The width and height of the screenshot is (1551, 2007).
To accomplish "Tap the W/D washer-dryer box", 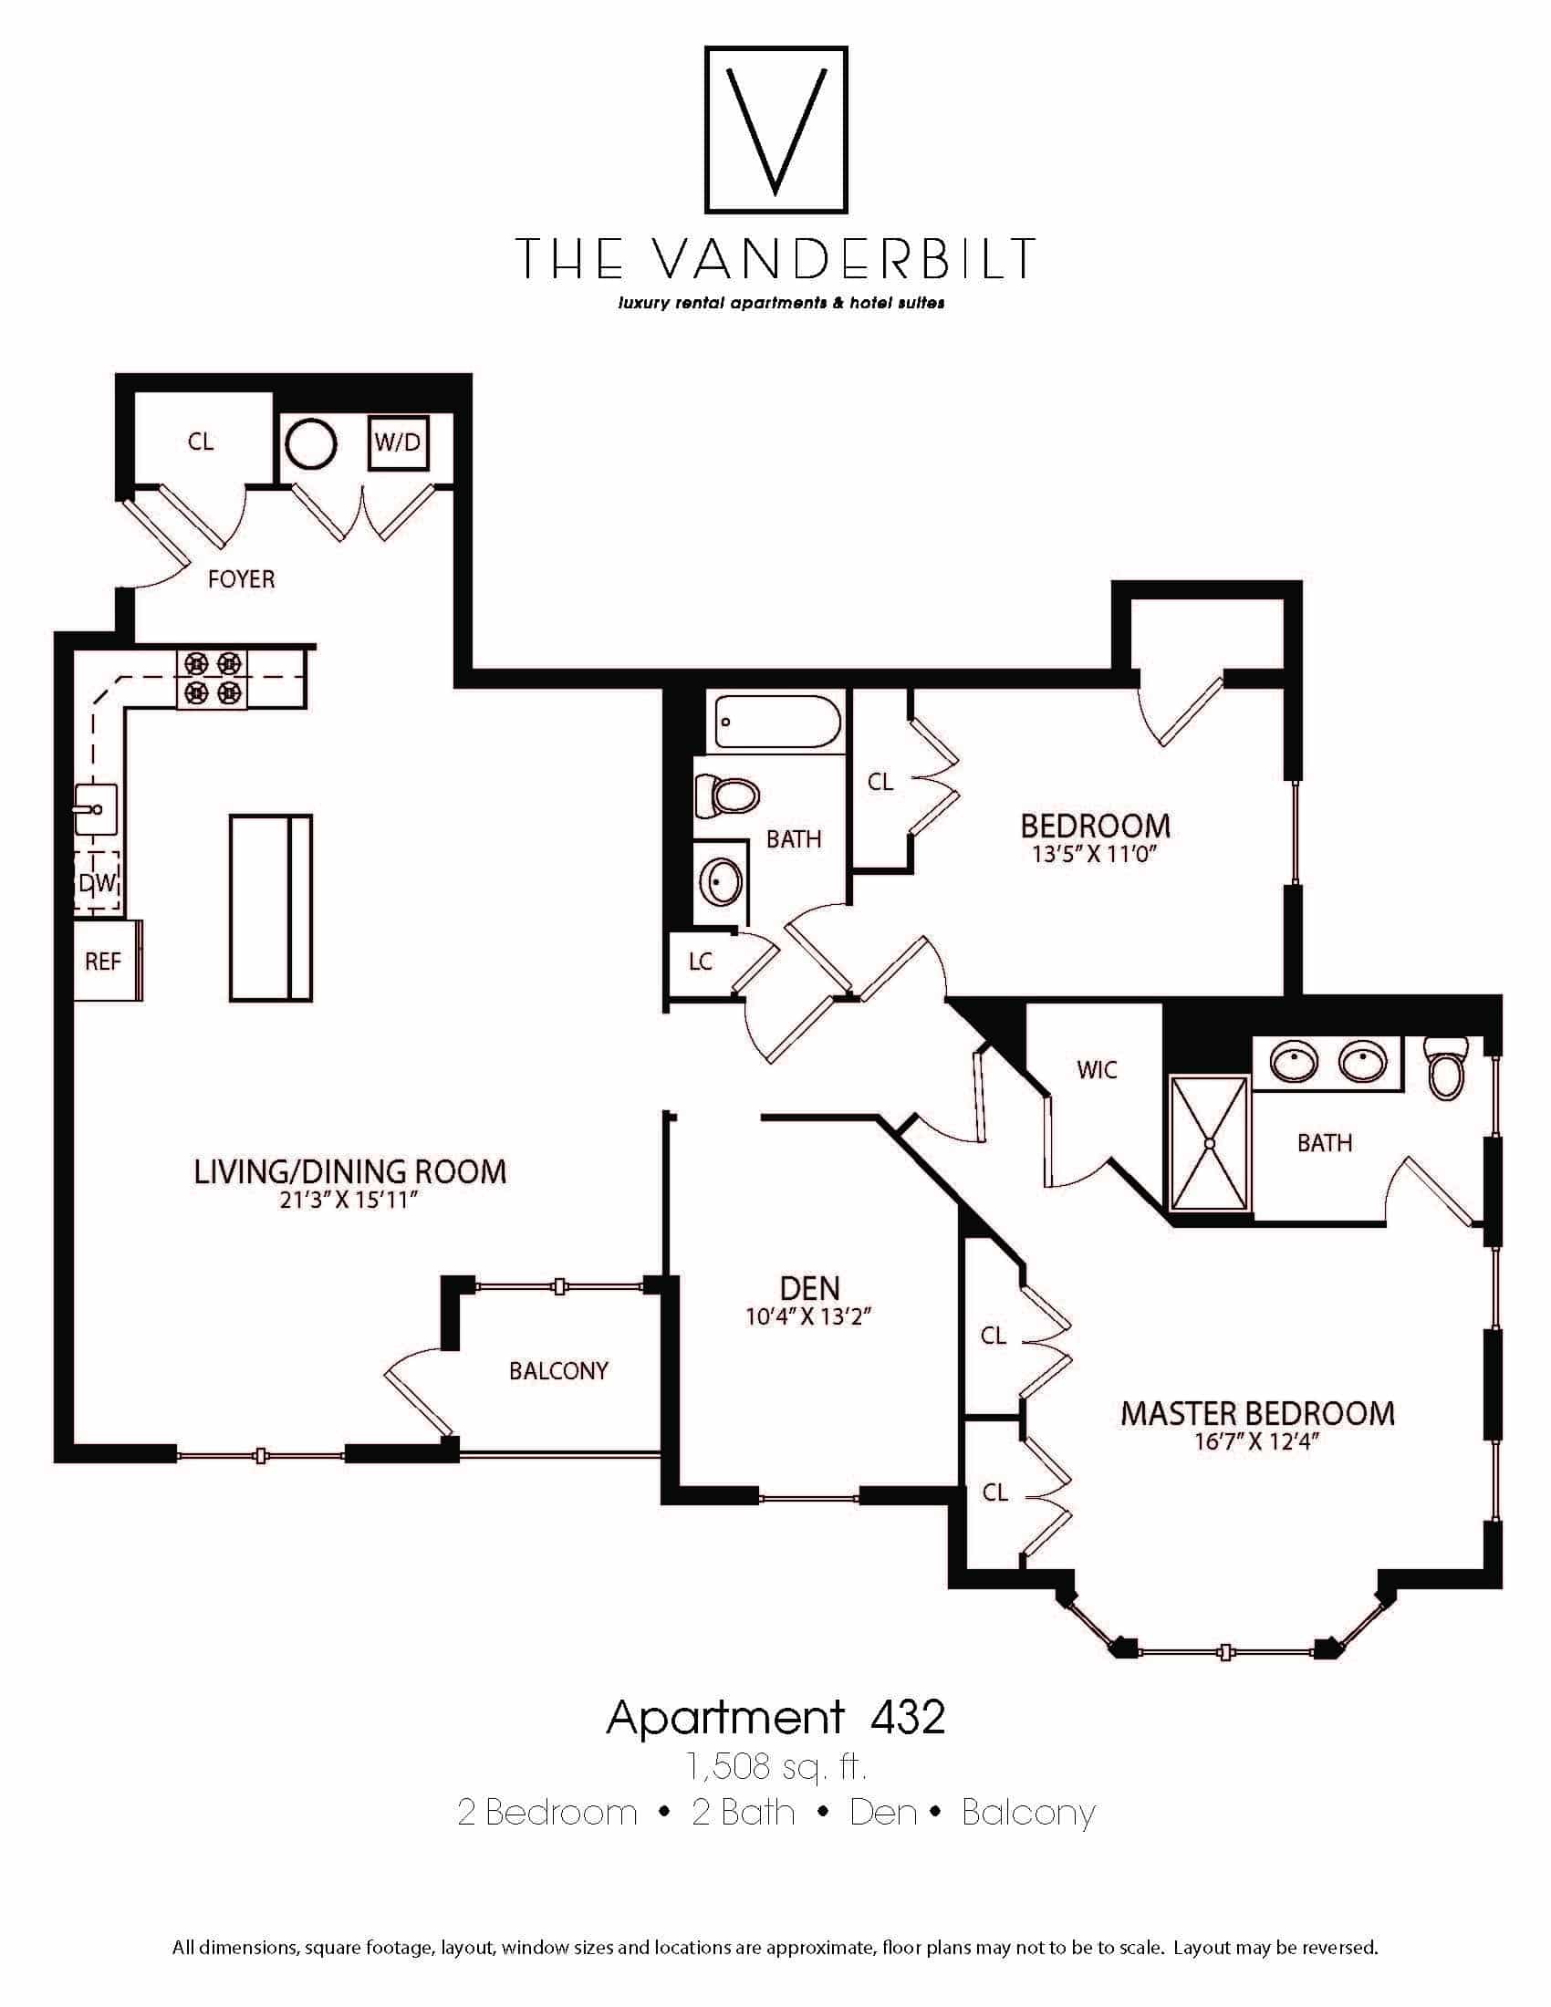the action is click(398, 443).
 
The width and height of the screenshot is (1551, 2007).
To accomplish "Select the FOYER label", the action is click(242, 579).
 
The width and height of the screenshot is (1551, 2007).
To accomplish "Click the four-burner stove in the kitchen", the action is click(213, 678).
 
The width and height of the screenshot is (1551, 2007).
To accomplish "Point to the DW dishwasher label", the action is click(98, 883).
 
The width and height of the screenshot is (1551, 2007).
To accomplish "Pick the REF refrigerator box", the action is click(108, 961).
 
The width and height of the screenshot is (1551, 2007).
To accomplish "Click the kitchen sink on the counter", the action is click(96, 808).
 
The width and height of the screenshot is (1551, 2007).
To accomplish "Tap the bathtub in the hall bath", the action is click(778, 723).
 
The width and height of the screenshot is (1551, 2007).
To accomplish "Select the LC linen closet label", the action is click(701, 962).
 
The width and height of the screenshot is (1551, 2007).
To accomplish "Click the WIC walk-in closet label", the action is click(1097, 1070).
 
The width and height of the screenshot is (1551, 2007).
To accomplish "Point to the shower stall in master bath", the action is click(1209, 1143).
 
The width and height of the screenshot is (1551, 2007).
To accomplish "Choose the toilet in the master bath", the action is click(1447, 1068).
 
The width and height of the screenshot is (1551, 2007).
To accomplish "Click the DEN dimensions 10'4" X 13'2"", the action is click(808, 1316).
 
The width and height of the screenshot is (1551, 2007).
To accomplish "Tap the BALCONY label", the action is click(558, 1371).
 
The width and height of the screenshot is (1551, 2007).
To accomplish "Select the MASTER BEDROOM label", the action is click(1257, 1413).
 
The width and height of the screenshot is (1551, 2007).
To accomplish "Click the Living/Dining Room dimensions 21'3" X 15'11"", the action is click(350, 1201).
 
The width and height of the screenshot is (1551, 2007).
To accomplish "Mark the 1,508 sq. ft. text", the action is click(776, 1766).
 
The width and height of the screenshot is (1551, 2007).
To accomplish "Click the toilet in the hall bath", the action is click(727, 796).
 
